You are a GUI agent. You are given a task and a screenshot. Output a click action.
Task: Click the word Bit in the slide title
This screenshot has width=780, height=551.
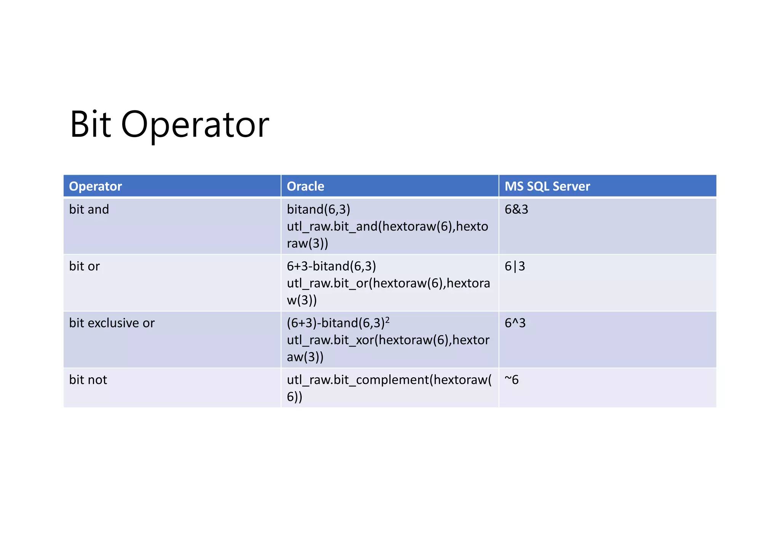pos(90,125)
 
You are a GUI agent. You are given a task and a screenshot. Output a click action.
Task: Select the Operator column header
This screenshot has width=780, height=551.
pos(95,186)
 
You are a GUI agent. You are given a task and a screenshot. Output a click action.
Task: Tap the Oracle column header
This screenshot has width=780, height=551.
pos(305,186)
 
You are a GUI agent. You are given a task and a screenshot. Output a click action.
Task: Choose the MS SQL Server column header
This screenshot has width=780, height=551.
pos(547,186)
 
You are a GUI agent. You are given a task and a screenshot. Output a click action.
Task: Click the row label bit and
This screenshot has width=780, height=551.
pos(89,209)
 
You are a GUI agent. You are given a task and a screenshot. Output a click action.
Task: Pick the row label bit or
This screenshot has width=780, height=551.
pos(84,266)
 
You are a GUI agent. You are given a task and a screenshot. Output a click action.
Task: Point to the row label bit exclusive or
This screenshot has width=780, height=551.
pos(112,323)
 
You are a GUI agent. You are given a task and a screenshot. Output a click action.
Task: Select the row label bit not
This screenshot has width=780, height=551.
pos(88,380)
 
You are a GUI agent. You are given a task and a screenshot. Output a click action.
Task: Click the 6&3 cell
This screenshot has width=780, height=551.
pos(516,209)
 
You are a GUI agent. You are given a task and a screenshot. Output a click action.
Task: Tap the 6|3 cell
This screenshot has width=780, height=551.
pos(515,266)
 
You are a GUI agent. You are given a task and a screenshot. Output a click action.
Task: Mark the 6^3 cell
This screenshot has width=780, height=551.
pos(515,323)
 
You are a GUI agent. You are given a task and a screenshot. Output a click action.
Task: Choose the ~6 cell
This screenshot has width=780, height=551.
pos(511,380)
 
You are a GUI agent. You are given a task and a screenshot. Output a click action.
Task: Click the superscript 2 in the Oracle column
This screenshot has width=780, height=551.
pos(387,320)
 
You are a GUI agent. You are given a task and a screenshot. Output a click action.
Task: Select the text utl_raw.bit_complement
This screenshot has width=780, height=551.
pos(358,380)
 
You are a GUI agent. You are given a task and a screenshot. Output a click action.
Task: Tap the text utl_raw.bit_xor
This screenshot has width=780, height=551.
pos(330,340)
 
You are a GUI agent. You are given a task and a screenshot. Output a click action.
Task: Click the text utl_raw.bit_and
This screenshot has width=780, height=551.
pos(332,227)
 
